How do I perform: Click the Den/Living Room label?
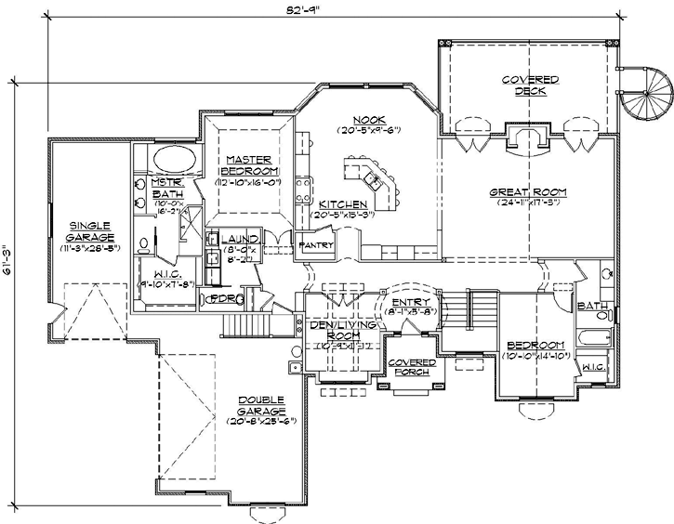332,329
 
